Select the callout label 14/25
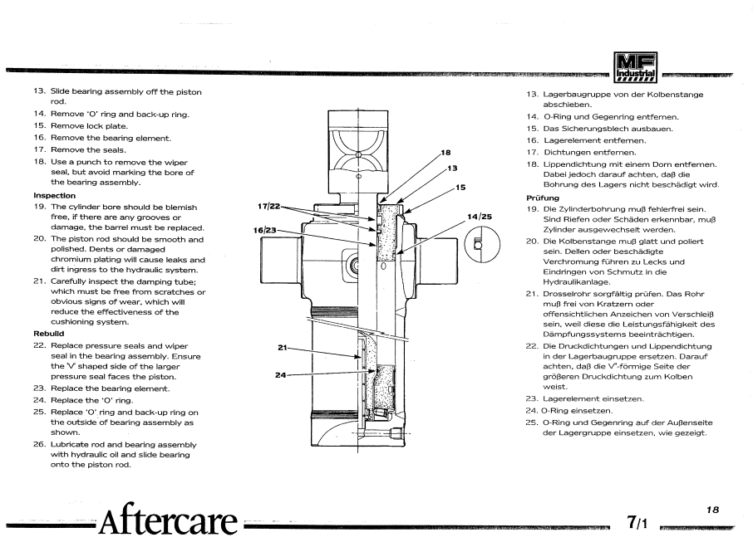coord(479,217)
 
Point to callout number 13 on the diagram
coord(453,168)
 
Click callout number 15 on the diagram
coord(460,187)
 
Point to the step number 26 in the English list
coord(39,444)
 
